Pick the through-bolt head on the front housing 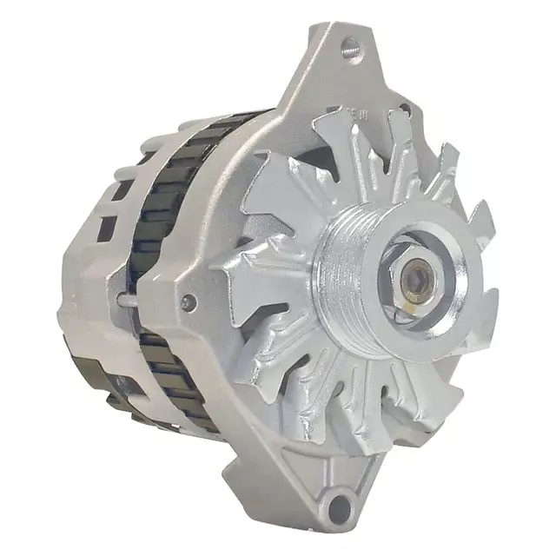pyautogui.click(x=187, y=301)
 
